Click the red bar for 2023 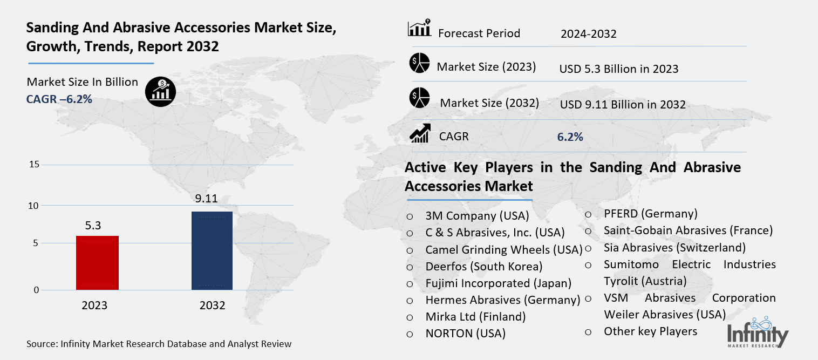click(97, 263)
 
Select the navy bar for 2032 click(212, 250)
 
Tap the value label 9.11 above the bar click(206, 199)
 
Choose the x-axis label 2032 click(212, 305)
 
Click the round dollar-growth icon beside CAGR click(160, 91)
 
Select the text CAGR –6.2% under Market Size click(59, 99)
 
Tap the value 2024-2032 click(588, 34)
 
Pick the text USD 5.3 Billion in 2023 click(619, 69)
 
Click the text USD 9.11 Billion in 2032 click(623, 105)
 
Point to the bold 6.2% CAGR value click(570, 137)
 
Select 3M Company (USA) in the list click(477, 216)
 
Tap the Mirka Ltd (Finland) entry click(475, 316)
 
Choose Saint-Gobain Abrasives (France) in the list click(688, 230)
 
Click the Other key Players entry click(650, 331)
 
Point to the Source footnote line click(159, 344)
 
